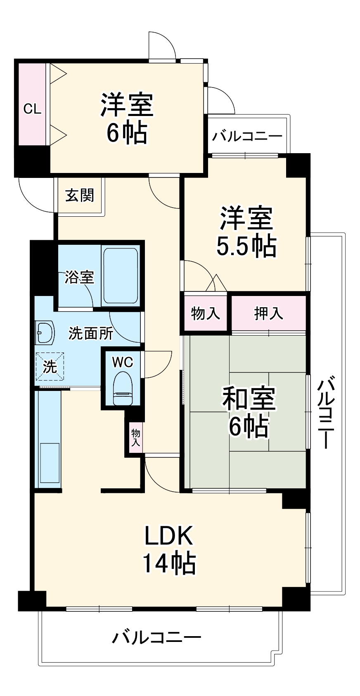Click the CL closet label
click(x=32, y=109)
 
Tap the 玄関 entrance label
click(x=80, y=195)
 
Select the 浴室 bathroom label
click(x=79, y=277)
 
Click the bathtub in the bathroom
click(x=120, y=275)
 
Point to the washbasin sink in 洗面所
click(x=45, y=331)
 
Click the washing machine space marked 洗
click(x=50, y=366)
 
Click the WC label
click(x=123, y=362)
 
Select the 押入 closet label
click(x=268, y=313)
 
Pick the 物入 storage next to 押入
click(x=205, y=313)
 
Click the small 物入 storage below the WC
click(x=135, y=438)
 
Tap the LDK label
click(x=168, y=536)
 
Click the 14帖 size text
click(x=169, y=563)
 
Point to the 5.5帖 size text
click(x=246, y=246)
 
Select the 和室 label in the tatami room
click(x=249, y=399)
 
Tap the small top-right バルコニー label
click(x=247, y=136)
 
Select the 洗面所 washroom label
click(x=91, y=333)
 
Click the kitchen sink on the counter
click(x=50, y=462)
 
